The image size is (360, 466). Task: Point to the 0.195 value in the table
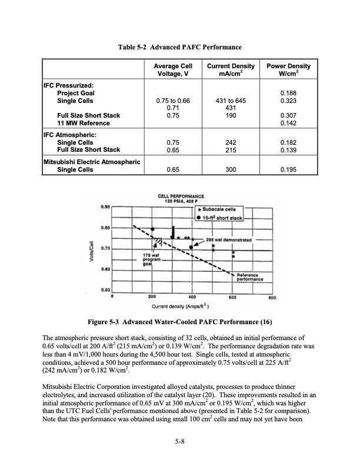point(288,169)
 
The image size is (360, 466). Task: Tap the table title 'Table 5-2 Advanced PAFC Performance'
point(179,46)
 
